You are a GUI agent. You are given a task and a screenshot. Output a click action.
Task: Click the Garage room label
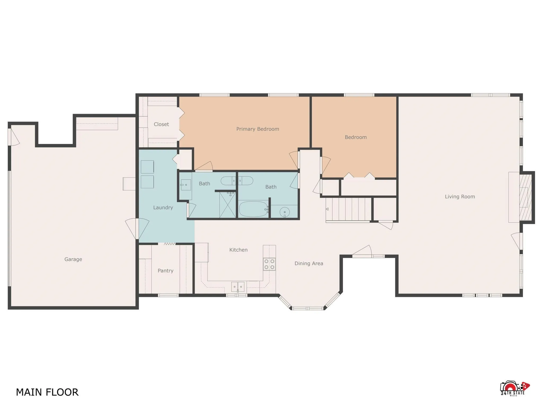(73, 259)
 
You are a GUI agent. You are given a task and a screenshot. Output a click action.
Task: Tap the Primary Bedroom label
(257, 129)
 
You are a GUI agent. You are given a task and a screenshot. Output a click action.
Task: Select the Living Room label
(460, 197)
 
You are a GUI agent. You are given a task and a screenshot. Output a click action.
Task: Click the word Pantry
(165, 271)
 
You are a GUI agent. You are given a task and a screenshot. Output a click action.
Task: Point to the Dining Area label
(309, 263)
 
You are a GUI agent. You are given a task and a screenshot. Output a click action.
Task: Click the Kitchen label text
(238, 250)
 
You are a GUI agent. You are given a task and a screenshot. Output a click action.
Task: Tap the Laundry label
(163, 207)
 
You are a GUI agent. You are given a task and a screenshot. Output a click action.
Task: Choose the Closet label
(161, 124)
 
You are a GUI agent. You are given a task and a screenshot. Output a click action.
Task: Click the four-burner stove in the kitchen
(269, 264)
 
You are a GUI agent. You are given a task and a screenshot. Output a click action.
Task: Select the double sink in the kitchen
(238, 287)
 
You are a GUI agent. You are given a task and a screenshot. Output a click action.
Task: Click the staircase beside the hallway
(349, 209)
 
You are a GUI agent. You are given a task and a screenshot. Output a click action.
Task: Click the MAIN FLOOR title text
(47, 392)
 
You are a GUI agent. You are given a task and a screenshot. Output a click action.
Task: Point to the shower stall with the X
(227, 205)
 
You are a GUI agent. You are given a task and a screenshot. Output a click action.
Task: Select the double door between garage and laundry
(137, 229)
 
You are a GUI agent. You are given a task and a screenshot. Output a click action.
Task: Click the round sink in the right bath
(284, 212)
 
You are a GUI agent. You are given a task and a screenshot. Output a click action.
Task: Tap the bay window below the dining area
(308, 308)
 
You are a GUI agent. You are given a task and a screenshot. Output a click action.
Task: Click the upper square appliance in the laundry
(147, 167)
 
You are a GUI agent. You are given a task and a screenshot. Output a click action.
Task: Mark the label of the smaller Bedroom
(356, 137)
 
